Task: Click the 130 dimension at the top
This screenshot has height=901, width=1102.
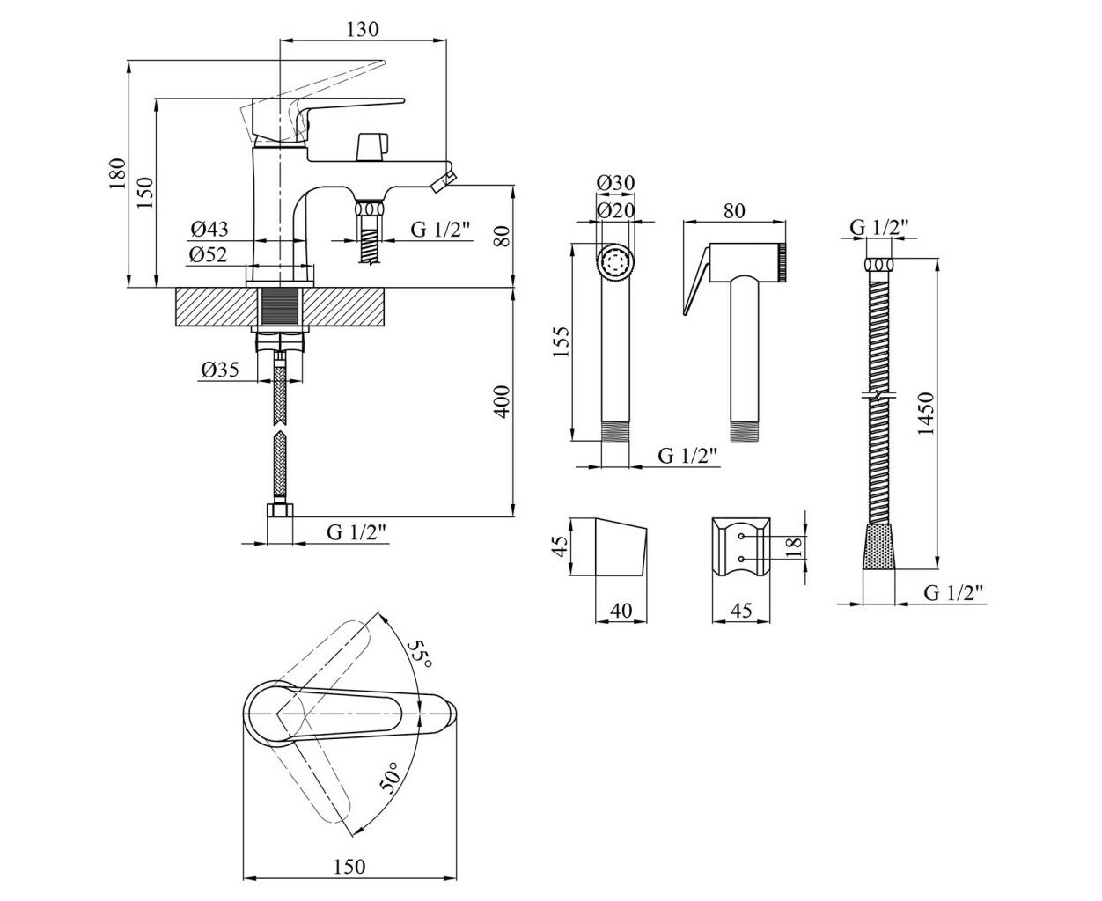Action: click(363, 30)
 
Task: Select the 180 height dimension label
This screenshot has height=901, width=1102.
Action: click(117, 172)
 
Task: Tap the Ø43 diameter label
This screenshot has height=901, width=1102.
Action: click(209, 229)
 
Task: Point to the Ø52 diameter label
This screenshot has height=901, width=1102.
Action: click(209, 255)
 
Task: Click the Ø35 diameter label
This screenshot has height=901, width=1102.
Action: click(220, 370)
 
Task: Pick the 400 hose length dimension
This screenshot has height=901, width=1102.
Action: click(502, 401)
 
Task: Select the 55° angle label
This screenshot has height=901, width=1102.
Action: click(420, 654)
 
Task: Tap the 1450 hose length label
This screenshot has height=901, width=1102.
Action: click(925, 414)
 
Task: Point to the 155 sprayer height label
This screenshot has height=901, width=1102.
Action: click(560, 341)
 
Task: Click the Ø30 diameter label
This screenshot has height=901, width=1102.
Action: click(615, 183)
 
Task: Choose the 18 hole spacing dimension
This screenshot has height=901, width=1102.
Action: click(793, 547)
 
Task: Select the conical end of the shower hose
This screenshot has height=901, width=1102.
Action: click(879, 546)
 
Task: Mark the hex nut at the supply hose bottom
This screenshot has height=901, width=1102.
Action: click(280, 510)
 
